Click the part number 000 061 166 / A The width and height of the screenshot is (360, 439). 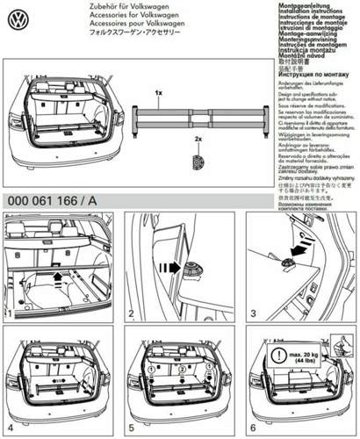(53, 200)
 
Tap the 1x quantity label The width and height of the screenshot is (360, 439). (158, 91)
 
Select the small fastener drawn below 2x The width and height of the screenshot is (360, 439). (198, 161)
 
